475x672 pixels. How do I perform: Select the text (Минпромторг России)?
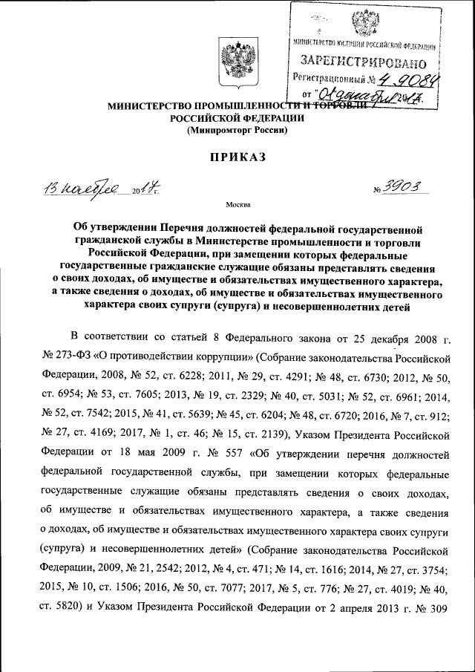[237, 129]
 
